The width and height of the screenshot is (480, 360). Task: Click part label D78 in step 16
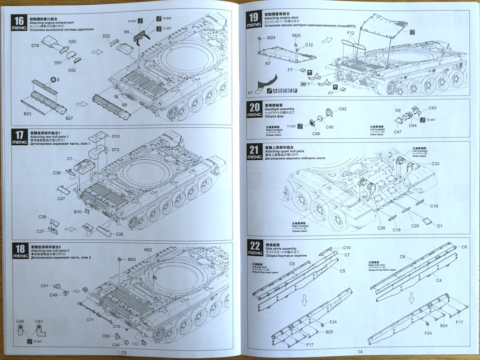(35, 45)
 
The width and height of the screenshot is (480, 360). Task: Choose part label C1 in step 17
(70, 159)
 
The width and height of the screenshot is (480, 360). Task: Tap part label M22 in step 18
(148, 249)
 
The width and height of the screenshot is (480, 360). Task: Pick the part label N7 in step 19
(268, 63)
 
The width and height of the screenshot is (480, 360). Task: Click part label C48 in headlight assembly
(316, 134)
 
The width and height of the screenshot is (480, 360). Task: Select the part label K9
(398, 111)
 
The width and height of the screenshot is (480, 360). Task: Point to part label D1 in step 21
(439, 225)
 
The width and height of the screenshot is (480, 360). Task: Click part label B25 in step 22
(329, 332)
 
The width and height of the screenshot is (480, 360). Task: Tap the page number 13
(123, 352)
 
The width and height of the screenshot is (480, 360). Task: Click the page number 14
(359, 352)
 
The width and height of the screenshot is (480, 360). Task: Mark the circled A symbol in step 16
(53, 79)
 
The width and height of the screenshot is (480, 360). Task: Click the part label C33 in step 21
(436, 164)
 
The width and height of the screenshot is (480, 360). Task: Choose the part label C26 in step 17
(120, 235)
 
